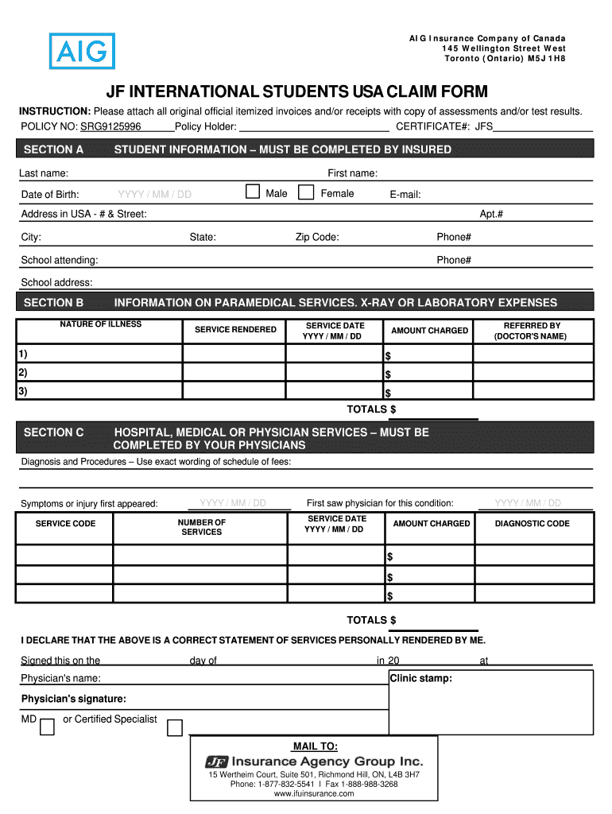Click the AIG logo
pos(82,52)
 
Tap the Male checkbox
pos(253,192)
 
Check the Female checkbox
pos(306,192)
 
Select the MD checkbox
pos(47,727)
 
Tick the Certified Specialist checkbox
pos(175,727)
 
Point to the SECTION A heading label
pos(53,149)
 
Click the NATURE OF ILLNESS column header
pos(100,324)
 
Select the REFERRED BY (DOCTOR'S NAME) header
pos(532,331)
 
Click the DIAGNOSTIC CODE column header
pos(532,524)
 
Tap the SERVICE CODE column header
pos(65,524)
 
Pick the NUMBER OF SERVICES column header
pos(201,527)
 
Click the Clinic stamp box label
pos(420,679)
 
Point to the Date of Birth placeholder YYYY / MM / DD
pos(154,195)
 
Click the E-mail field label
pos(405,195)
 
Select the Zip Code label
pos(317,237)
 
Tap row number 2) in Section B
pos(23,373)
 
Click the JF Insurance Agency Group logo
pos(314,761)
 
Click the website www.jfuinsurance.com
pos(314,793)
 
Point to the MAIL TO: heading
pos(315,746)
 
